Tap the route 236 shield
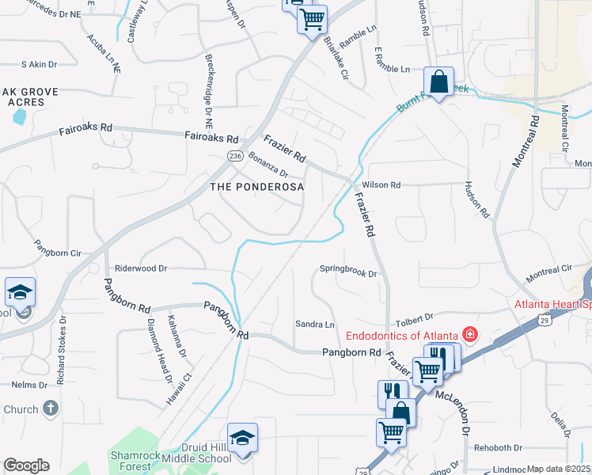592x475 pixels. pyautogui.click(x=235, y=157)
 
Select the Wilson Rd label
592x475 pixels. pyautogui.click(x=381, y=184)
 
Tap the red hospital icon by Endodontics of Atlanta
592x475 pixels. pyautogui.click(x=470, y=334)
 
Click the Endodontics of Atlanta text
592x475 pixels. pyautogui.click(x=402, y=335)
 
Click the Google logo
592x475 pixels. pyautogui.click(x=26, y=465)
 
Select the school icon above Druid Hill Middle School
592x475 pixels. pyautogui.click(x=242, y=438)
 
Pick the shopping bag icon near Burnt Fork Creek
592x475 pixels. pyautogui.click(x=438, y=82)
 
